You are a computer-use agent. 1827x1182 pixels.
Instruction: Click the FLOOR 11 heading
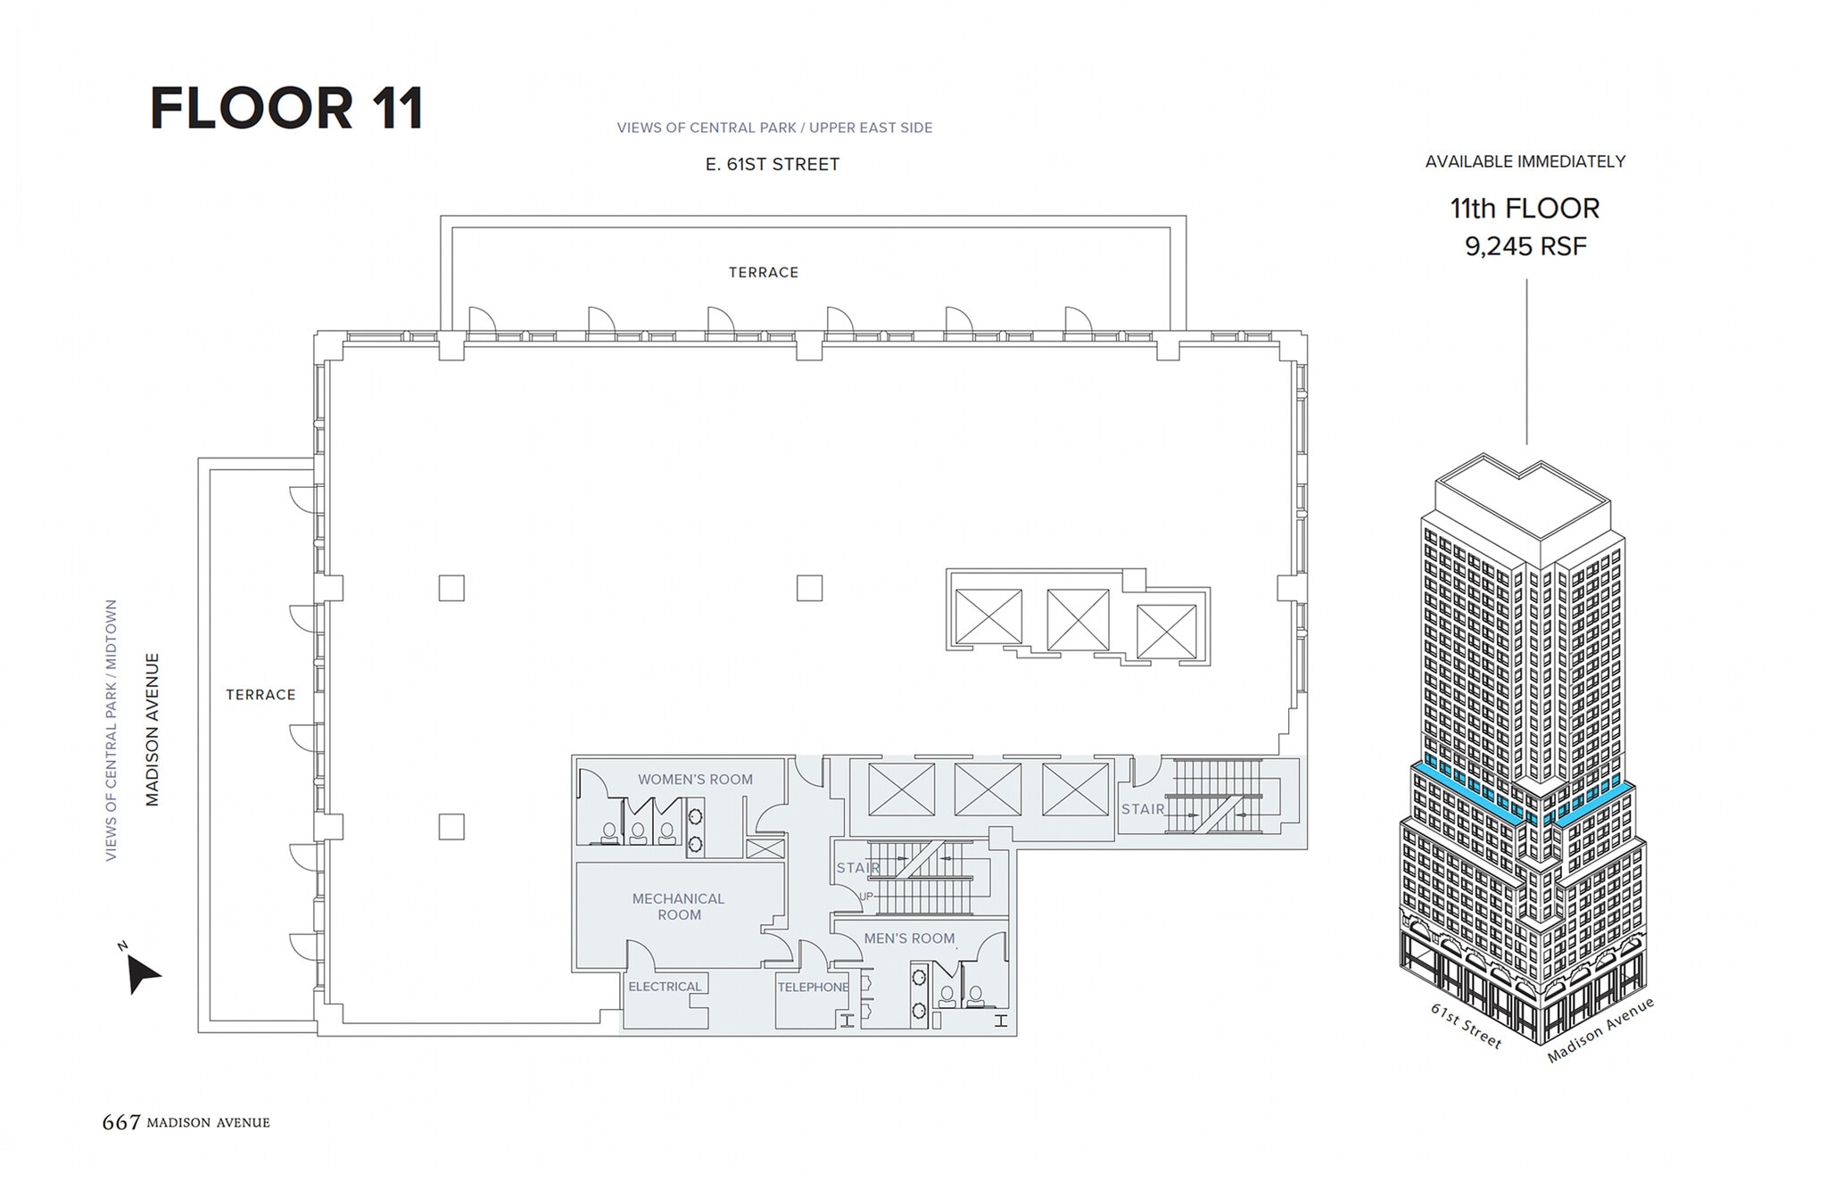coord(286,109)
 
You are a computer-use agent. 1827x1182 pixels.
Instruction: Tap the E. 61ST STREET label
coord(772,164)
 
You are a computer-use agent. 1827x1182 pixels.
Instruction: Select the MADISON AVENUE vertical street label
coord(153,729)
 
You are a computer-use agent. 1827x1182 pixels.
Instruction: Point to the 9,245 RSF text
coord(1525,246)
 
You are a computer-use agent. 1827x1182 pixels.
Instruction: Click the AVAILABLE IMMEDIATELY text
coord(1525,161)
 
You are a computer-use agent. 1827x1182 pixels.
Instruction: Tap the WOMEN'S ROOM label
coord(695,779)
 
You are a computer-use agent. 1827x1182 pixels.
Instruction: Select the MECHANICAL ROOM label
coord(678,906)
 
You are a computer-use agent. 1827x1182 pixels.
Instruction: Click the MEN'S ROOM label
coord(909,938)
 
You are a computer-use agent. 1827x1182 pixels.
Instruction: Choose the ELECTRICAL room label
coord(665,986)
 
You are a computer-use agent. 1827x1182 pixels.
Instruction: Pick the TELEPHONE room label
coord(813,987)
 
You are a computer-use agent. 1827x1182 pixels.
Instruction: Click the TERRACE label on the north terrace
coord(763,272)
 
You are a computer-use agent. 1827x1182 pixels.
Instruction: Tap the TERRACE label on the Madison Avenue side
coord(260,694)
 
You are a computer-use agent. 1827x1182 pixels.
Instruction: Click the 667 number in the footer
coord(121,1122)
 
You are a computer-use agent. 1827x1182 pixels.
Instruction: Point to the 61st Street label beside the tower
coord(1466,1026)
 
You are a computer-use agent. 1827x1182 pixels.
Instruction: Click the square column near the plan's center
coord(809,588)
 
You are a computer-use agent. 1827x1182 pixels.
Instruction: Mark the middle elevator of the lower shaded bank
coord(988,789)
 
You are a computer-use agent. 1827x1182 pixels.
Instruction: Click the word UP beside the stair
coord(866,896)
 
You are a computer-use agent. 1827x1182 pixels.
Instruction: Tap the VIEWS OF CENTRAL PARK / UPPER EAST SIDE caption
coord(774,128)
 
